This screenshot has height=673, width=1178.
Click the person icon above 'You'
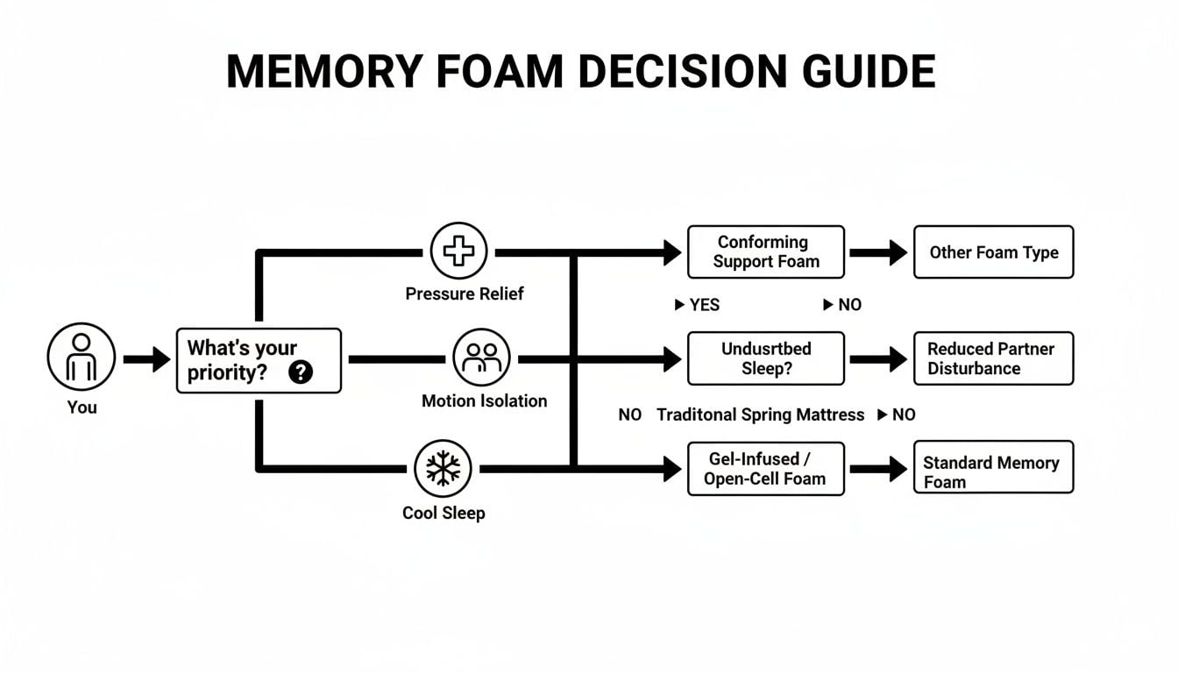tap(82, 358)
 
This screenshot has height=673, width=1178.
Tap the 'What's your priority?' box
tap(259, 360)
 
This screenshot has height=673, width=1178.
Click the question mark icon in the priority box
tap(300, 372)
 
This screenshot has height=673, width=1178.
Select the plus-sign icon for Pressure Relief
tap(458, 251)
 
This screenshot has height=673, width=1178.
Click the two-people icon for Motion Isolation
tap(481, 358)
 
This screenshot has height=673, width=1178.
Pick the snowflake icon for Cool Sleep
tap(443, 469)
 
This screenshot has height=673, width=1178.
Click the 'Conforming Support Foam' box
tap(765, 251)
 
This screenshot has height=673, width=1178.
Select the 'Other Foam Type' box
tap(993, 252)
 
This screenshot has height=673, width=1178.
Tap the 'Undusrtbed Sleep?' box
tap(765, 358)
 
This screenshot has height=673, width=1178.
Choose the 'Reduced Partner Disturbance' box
tap(993, 358)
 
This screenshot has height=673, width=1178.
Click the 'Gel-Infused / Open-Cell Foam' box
tap(765, 469)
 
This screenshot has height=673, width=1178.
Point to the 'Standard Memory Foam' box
tap(993, 469)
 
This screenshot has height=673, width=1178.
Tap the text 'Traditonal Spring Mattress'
tap(760, 414)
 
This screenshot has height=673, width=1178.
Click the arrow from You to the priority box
tap(146, 358)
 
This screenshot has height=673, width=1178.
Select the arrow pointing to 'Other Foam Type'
tap(878, 252)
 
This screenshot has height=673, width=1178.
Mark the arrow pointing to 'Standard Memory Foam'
tap(878, 469)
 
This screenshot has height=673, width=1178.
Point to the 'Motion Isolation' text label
tap(484, 401)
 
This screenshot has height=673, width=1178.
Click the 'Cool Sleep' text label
tap(444, 514)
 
